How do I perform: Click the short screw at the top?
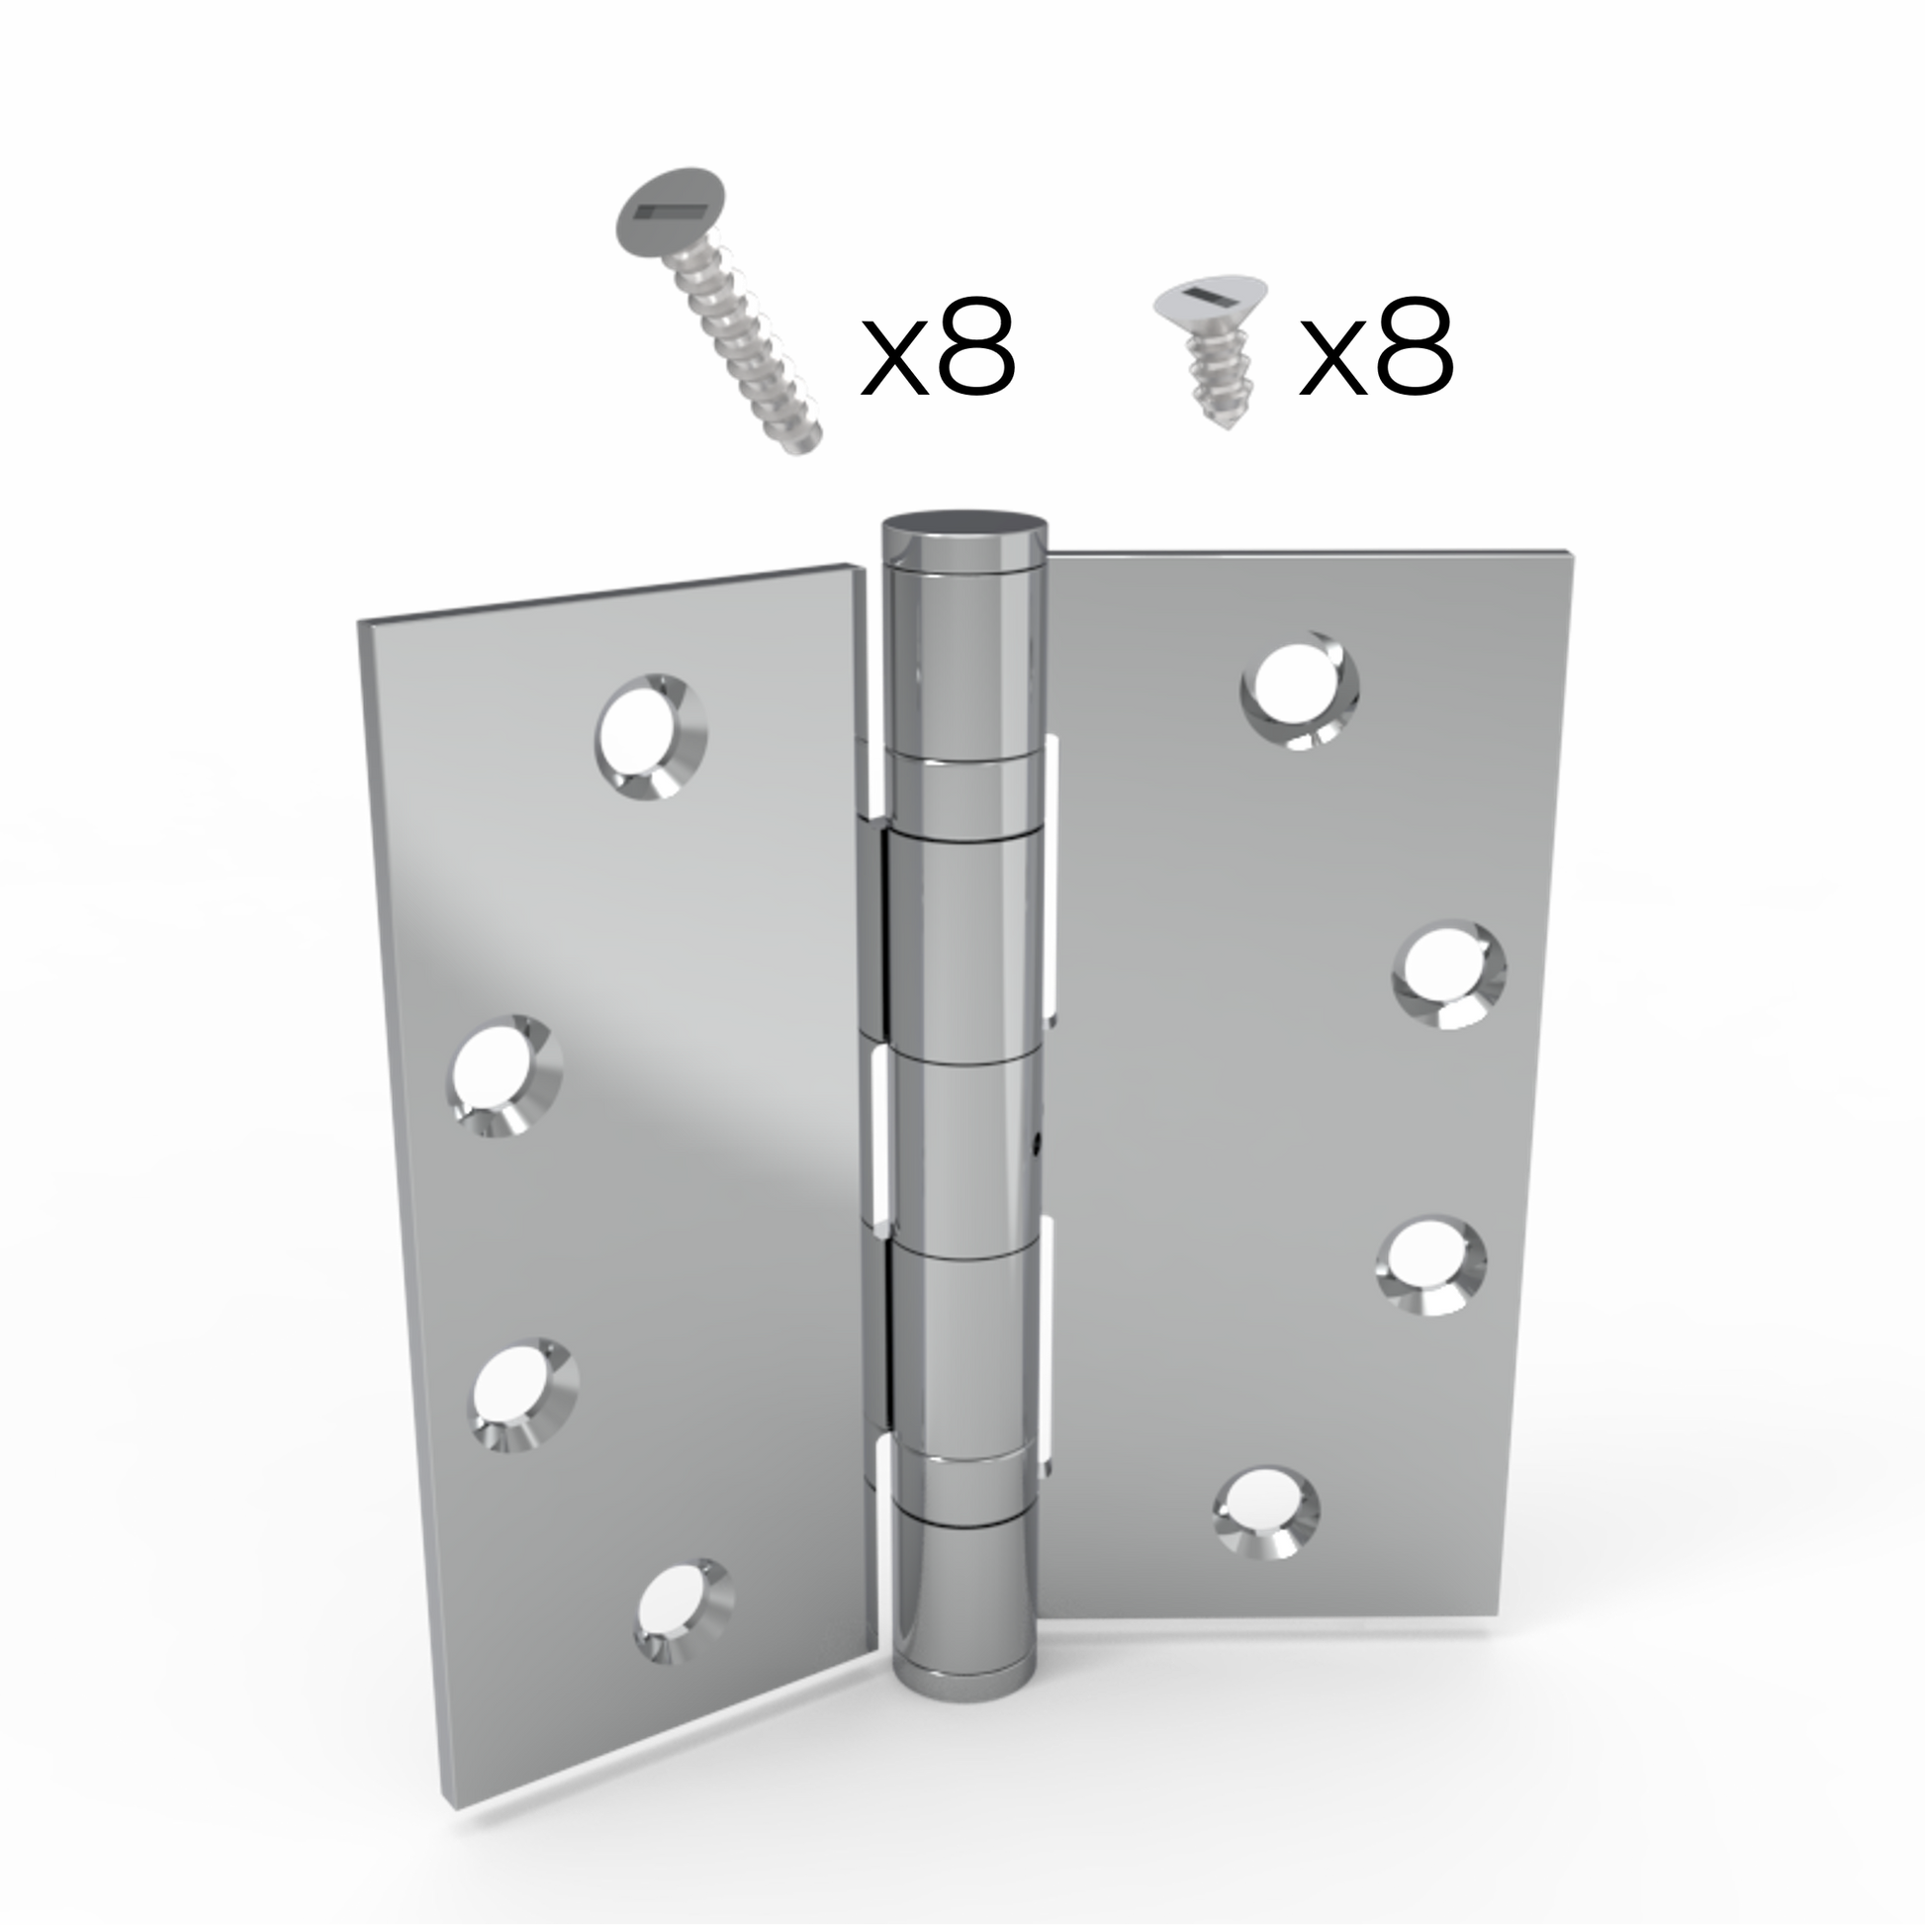coord(1208,355)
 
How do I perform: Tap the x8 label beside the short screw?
coord(1376,346)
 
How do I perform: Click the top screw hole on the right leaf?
coord(1299,690)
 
